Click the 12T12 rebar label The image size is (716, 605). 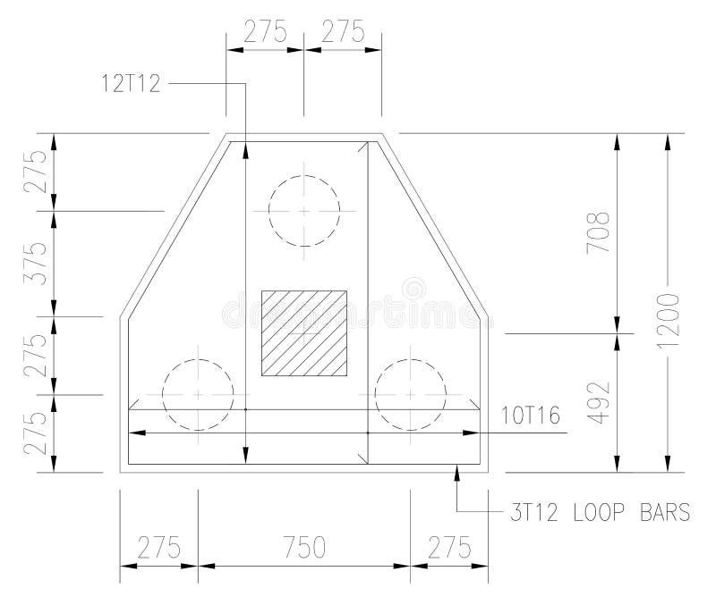coord(132,83)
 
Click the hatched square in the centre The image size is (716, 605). coord(303,332)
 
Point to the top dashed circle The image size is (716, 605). coord(303,211)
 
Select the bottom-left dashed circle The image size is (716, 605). coord(197,394)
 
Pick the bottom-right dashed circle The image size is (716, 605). coord(410,394)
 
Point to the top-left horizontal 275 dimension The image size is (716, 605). coord(265,31)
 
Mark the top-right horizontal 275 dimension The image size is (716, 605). coord(343,31)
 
